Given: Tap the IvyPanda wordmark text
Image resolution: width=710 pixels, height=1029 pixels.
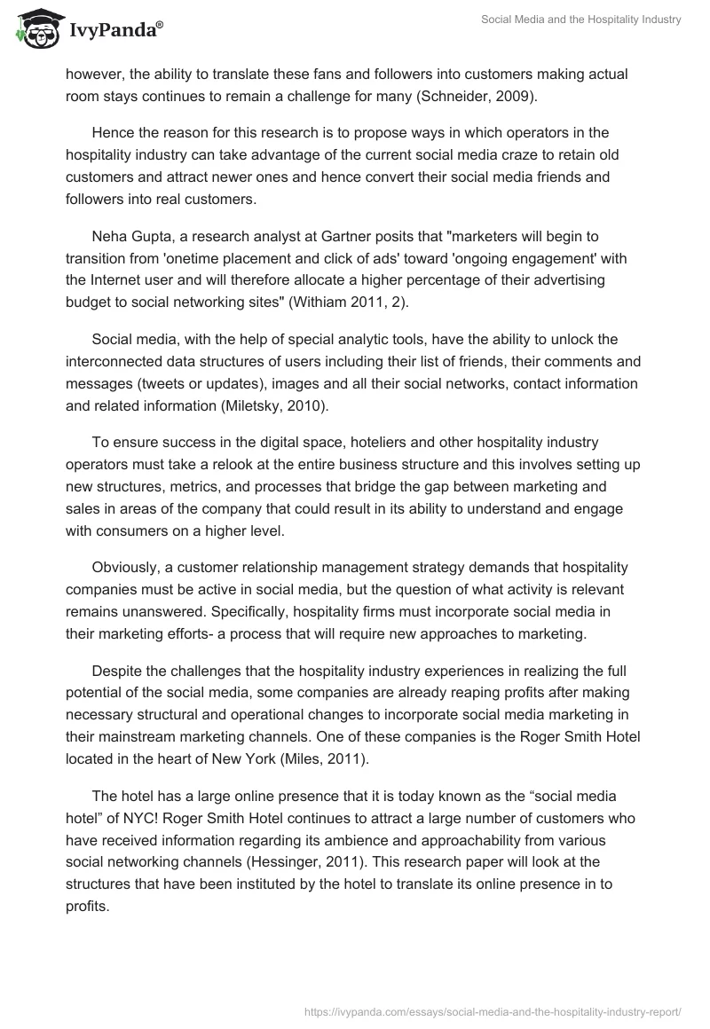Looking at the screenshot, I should coord(113,32).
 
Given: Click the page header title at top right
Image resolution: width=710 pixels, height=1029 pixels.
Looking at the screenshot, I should coord(580,20).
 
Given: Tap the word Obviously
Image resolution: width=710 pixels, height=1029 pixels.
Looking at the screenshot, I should coord(125,568).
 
